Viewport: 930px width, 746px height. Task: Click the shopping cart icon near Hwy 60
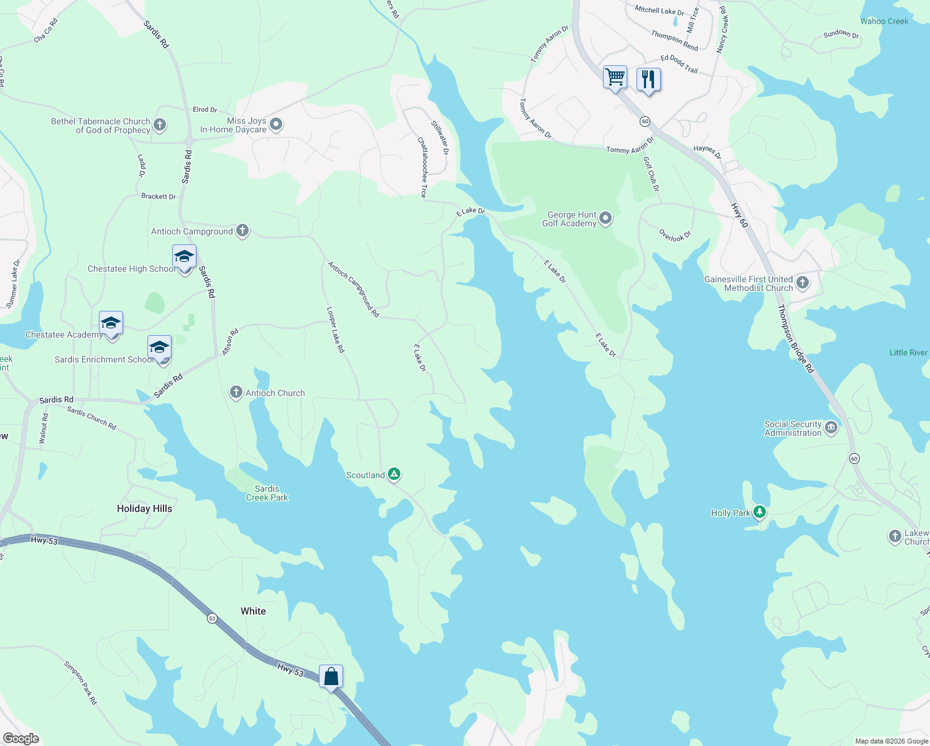pyautogui.click(x=615, y=78)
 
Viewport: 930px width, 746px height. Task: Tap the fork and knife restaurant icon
pyautogui.click(x=648, y=79)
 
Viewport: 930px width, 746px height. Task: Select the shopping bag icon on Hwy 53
pyautogui.click(x=331, y=676)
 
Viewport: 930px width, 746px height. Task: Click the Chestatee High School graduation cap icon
pyautogui.click(x=184, y=257)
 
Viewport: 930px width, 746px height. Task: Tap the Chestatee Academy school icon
pyautogui.click(x=111, y=323)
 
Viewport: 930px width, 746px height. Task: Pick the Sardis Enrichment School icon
pyautogui.click(x=159, y=348)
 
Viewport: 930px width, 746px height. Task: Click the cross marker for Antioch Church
pyautogui.click(x=236, y=392)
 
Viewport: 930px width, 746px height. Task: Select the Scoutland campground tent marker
pyautogui.click(x=394, y=474)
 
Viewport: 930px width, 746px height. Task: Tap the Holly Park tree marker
pyautogui.click(x=759, y=512)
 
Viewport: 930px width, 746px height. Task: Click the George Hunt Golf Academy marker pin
pyautogui.click(x=605, y=218)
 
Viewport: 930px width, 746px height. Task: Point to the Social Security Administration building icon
pyautogui.click(x=831, y=428)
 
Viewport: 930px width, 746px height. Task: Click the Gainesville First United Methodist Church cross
pyautogui.click(x=803, y=283)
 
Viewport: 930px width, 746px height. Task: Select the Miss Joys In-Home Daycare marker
pyautogui.click(x=276, y=124)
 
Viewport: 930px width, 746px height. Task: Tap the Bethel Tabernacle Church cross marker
pyautogui.click(x=160, y=125)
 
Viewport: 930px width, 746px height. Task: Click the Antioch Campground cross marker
pyautogui.click(x=242, y=231)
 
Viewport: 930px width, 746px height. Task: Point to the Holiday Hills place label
pyautogui.click(x=144, y=509)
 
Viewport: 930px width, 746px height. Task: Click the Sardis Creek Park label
pyautogui.click(x=267, y=493)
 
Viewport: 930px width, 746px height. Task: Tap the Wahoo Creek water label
pyautogui.click(x=884, y=21)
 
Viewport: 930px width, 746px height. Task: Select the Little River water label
pyautogui.click(x=908, y=352)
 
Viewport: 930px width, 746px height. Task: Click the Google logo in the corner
pyautogui.click(x=21, y=739)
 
